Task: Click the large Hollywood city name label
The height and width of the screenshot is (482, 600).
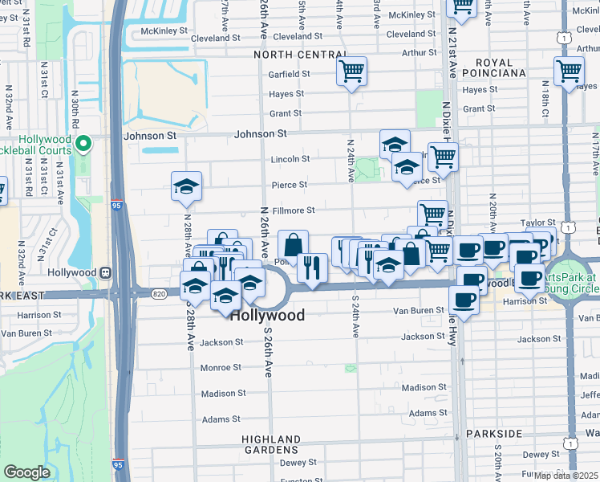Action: click(267, 316)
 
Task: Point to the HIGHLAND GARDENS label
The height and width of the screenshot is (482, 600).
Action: click(273, 446)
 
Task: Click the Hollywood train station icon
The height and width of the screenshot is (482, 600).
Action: click(105, 272)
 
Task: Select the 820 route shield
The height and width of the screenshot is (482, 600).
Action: click(156, 293)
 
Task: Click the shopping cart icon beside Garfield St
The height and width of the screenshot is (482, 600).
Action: click(351, 72)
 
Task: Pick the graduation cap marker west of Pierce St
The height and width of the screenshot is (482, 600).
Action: click(186, 188)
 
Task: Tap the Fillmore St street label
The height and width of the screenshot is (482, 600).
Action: click(293, 210)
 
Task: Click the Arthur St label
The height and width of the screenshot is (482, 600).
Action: click(420, 53)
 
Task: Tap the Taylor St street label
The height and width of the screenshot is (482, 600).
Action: click(537, 223)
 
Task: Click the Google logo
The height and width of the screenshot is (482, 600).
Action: click(26, 472)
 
